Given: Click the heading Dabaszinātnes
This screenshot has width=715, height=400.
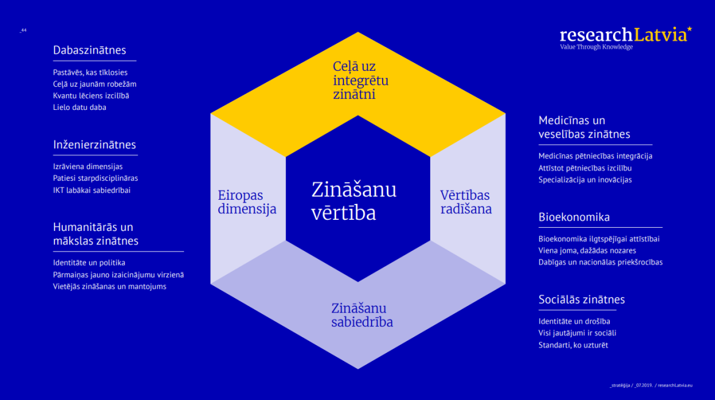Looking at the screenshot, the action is [x=89, y=50].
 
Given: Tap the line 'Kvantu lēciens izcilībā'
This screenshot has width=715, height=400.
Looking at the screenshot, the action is [x=90, y=96].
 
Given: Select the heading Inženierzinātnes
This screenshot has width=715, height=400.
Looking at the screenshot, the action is [x=94, y=144].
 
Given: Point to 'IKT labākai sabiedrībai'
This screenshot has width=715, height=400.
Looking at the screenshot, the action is [x=92, y=191].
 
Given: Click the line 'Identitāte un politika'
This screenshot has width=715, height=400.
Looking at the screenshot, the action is [x=89, y=263].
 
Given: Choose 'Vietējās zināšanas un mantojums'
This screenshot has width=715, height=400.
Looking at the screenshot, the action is [x=109, y=286].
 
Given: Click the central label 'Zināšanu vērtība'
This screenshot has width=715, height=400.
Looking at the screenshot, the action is [x=354, y=201].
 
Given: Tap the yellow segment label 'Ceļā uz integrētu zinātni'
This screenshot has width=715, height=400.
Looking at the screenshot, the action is [x=360, y=80].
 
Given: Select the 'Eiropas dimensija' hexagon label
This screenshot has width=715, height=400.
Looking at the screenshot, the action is [x=247, y=202].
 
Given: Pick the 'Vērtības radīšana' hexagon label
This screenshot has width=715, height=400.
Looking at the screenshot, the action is [x=466, y=202].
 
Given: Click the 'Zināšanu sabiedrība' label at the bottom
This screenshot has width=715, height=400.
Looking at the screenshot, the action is [x=362, y=315].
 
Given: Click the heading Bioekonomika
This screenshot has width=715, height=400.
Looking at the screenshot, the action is [x=574, y=217].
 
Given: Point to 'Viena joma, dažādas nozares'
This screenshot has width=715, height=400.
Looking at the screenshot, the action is [x=587, y=250].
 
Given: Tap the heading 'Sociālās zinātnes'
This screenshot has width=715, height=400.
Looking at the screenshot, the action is [x=581, y=299].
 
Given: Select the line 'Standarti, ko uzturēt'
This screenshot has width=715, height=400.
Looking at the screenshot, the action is [x=573, y=345].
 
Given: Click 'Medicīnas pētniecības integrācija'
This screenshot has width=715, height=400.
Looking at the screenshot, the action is [x=595, y=156].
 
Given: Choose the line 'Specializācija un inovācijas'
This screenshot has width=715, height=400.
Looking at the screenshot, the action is [x=585, y=180].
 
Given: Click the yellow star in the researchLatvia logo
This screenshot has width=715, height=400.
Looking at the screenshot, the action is [x=689, y=29].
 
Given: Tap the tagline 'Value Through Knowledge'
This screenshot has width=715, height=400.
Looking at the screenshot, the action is [x=596, y=47].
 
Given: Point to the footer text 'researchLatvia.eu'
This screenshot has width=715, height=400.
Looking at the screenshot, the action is [x=675, y=385].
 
